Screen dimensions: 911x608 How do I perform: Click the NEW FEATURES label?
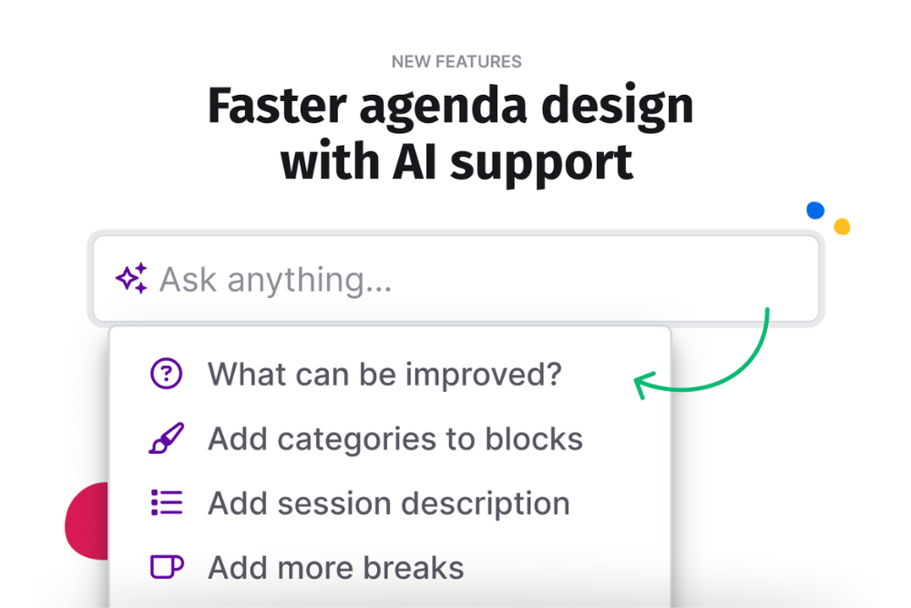point(456,62)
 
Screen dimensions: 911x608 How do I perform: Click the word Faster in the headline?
point(277,106)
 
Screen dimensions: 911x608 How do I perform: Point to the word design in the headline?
point(617,109)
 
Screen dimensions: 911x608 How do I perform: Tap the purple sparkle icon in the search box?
point(132,278)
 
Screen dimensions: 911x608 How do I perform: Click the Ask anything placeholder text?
point(276,280)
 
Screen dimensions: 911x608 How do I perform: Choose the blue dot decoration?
point(815,211)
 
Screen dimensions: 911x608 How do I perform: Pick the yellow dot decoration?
point(842,226)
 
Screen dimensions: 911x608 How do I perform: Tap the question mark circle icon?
point(166,373)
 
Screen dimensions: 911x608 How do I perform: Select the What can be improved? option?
point(384,375)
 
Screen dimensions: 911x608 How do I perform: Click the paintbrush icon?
point(167,438)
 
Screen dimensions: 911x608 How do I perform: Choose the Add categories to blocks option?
point(395,438)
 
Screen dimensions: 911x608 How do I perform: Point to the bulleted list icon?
point(167,503)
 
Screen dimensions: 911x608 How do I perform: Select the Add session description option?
point(389,504)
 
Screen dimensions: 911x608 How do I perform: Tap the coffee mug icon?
point(168,567)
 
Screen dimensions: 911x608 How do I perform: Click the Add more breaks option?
point(336,568)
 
